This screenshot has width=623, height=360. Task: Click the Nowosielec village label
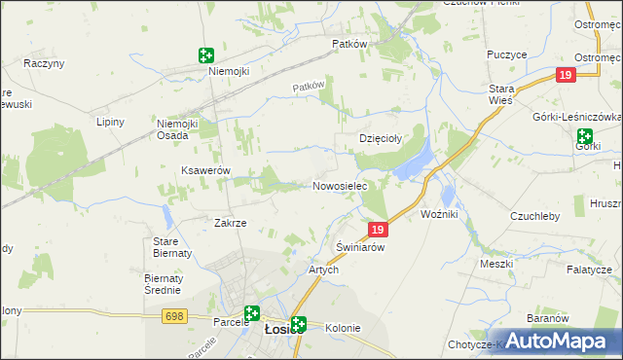point(339,186)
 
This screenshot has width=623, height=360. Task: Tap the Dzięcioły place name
point(383,139)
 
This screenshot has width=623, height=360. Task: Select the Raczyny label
point(44,63)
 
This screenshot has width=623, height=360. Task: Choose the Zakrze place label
point(231,223)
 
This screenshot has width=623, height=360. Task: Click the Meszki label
point(496,264)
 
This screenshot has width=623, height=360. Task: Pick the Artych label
point(323,270)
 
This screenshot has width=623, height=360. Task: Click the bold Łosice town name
point(277,329)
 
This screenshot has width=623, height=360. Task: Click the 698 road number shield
point(175,316)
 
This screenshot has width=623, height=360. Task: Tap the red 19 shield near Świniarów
point(380,230)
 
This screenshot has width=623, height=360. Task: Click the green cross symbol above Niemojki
point(205,55)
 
